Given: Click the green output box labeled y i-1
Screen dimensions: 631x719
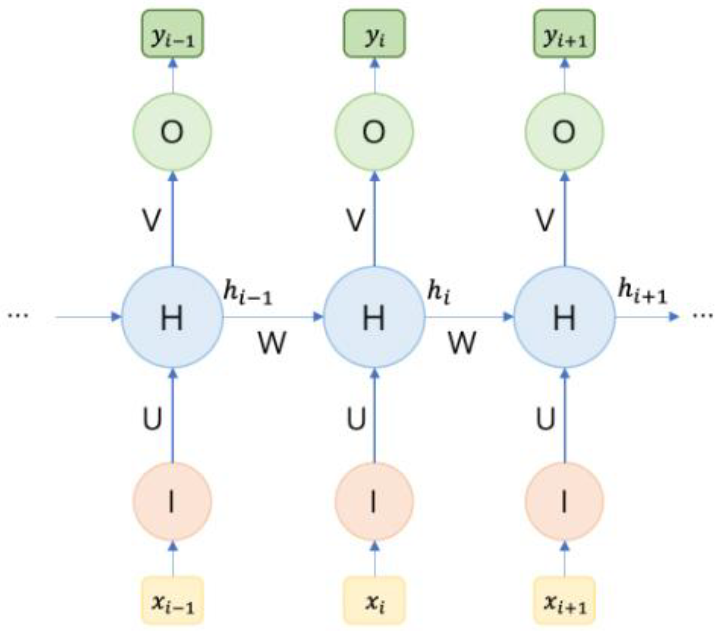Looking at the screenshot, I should tap(172, 34).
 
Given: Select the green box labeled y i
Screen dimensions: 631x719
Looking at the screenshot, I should tap(374, 34).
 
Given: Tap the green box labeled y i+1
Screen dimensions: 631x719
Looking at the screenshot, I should tap(565, 34).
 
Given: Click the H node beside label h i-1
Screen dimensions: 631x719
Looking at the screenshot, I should tap(172, 317).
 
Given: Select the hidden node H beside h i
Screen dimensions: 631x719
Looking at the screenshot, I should tap(374, 317).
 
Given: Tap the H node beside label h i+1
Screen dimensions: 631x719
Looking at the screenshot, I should tap(565, 317).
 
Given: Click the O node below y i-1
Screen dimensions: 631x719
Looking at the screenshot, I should tap(172, 132).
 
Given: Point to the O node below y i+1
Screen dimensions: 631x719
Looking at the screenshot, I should tap(565, 132).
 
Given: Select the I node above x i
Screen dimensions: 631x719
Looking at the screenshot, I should tap(374, 502).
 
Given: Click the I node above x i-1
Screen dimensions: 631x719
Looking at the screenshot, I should tap(172, 502).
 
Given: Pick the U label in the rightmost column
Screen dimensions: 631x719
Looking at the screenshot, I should tap(546, 418).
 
